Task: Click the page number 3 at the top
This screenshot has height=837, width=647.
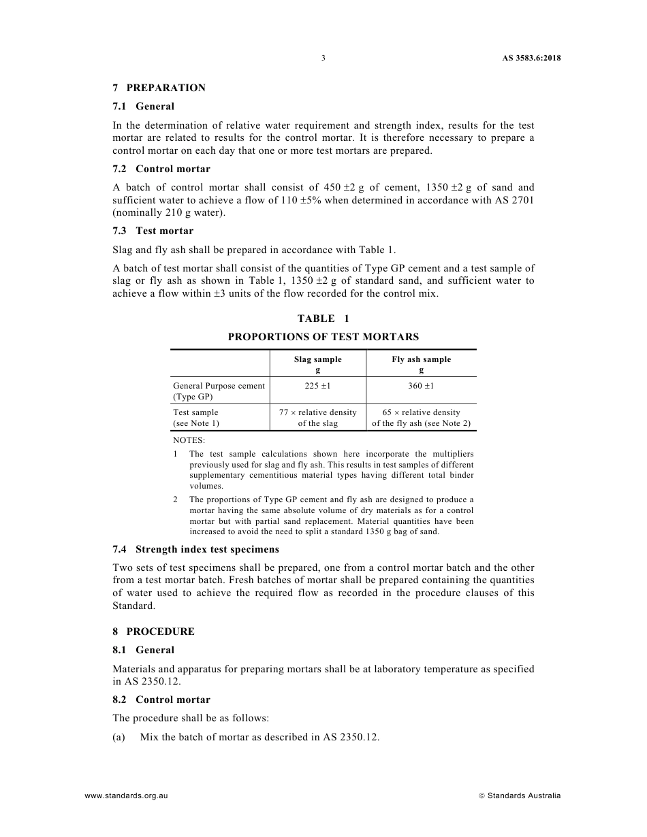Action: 323,58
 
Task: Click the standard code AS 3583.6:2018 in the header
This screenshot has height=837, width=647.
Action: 526,58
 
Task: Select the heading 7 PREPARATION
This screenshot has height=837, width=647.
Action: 159,88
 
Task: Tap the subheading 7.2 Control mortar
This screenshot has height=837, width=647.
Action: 161,169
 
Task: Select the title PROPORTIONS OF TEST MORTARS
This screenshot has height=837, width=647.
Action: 323,337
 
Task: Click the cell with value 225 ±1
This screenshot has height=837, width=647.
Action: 317,386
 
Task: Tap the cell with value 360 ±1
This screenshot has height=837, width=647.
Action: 421,386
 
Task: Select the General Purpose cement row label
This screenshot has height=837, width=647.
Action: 219,391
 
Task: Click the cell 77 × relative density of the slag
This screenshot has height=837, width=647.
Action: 317,417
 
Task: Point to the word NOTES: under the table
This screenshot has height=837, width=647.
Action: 189,440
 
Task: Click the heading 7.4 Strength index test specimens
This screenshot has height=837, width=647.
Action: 195,549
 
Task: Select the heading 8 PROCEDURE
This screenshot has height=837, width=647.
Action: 153,631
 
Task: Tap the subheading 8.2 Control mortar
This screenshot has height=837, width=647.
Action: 161,700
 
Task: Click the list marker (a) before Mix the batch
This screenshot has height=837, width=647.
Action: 119,737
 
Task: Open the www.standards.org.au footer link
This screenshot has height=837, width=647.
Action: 126,795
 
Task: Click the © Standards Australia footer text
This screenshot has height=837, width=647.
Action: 520,795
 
